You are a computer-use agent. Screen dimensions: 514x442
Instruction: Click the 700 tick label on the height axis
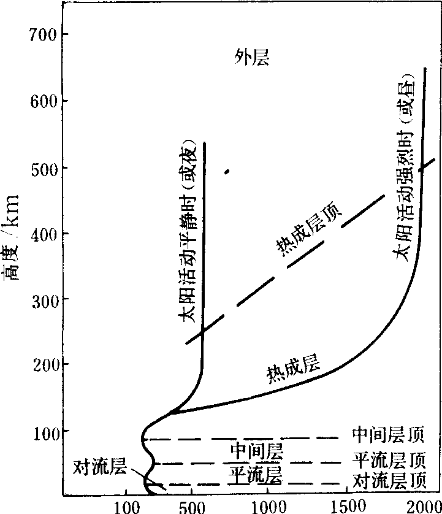pos(43,34)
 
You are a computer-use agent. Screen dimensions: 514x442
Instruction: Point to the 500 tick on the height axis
pos(43,167)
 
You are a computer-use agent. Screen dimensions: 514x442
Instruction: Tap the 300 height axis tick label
pos(43,299)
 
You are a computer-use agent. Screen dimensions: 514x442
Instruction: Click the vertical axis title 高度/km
pos(12,246)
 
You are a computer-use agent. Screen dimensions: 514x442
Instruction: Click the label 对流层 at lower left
pos(100,467)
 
